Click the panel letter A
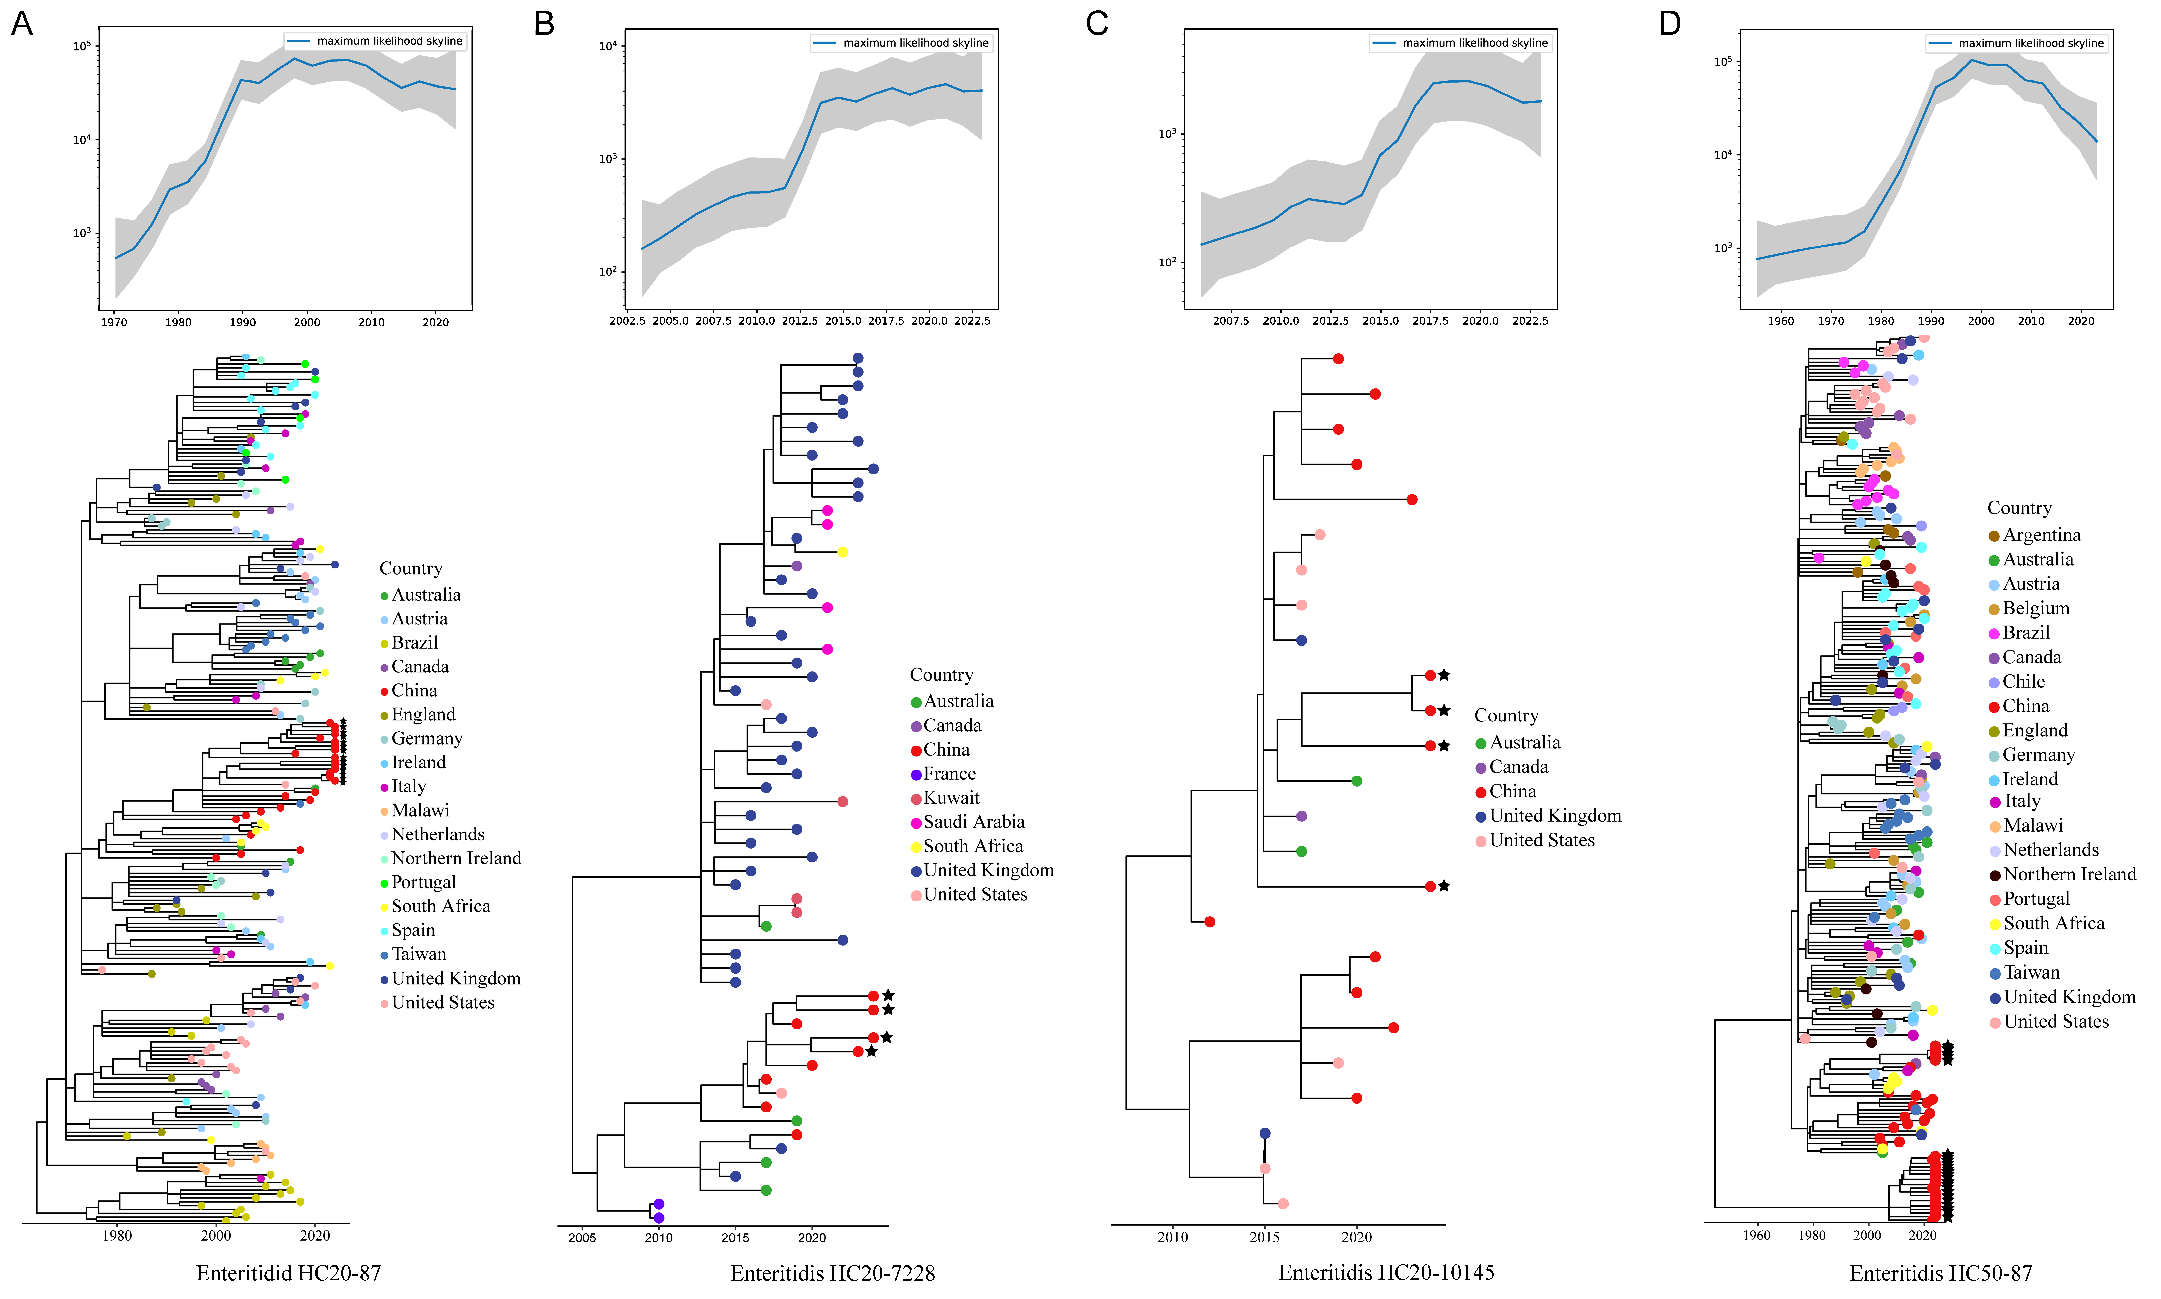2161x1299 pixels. (22, 23)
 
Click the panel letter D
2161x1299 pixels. (1669, 23)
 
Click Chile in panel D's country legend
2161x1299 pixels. (2023, 682)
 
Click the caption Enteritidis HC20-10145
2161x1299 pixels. (1387, 1272)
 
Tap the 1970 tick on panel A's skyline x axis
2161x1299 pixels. (114, 322)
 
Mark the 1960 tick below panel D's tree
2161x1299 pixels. (1757, 1236)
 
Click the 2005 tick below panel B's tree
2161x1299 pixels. (582, 1237)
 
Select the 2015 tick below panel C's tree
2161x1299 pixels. (1264, 1237)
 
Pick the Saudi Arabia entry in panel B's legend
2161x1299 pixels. (973, 822)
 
